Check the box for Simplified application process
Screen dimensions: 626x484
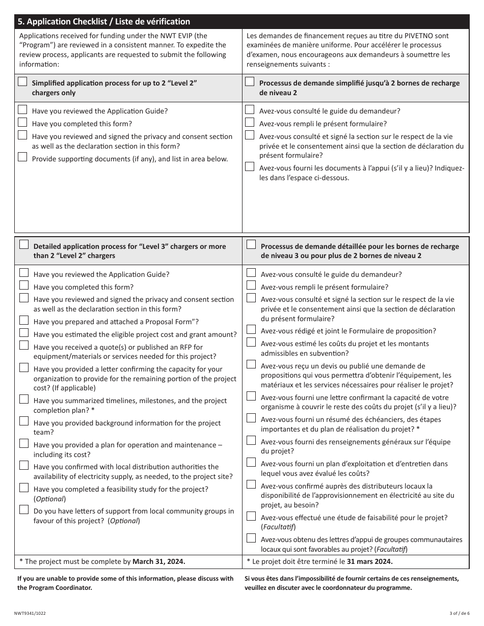click(x=22, y=82)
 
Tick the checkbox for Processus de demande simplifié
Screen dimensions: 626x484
click(x=250, y=82)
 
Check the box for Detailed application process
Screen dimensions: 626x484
click(x=24, y=245)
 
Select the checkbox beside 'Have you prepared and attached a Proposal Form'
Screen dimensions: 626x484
click(x=24, y=321)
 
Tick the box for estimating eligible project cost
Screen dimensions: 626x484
click(x=24, y=333)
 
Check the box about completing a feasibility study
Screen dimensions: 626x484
click(x=24, y=488)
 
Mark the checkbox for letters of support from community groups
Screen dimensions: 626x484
click(x=24, y=509)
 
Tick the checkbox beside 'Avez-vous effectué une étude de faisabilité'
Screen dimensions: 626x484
click(x=251, y=516)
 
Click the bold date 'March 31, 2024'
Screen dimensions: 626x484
click(x=159, y=561)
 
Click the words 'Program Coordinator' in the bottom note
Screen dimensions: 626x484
click(x=62, y=587)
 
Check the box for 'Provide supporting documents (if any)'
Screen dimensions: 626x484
click(x=22, y=157)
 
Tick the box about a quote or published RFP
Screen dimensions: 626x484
click(x=24, y=346)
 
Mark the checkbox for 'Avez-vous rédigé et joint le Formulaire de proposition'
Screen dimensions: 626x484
click(x=251, y=330)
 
